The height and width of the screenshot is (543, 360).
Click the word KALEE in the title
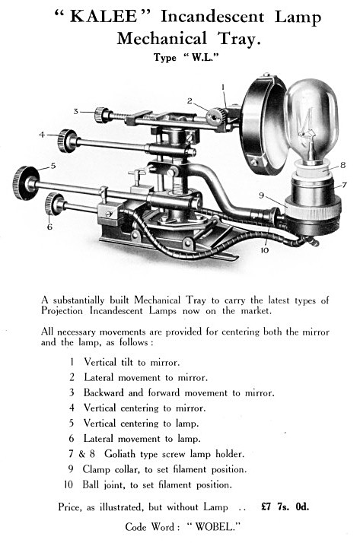104,17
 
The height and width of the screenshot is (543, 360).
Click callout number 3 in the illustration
76,112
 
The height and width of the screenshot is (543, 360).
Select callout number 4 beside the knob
43,134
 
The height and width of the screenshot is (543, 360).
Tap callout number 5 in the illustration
53,166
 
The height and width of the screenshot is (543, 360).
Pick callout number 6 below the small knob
49,227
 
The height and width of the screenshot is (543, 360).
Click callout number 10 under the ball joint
264,249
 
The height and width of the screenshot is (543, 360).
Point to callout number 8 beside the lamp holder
342,165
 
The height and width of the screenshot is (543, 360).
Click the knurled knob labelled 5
25,183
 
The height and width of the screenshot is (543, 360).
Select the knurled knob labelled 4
67,141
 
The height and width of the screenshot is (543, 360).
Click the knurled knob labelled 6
54,204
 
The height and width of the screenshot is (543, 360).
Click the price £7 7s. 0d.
285,506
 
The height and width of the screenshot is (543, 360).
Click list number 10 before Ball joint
68,484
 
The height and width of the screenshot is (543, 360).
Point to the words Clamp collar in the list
111,469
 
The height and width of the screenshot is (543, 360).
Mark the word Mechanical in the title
162,38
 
